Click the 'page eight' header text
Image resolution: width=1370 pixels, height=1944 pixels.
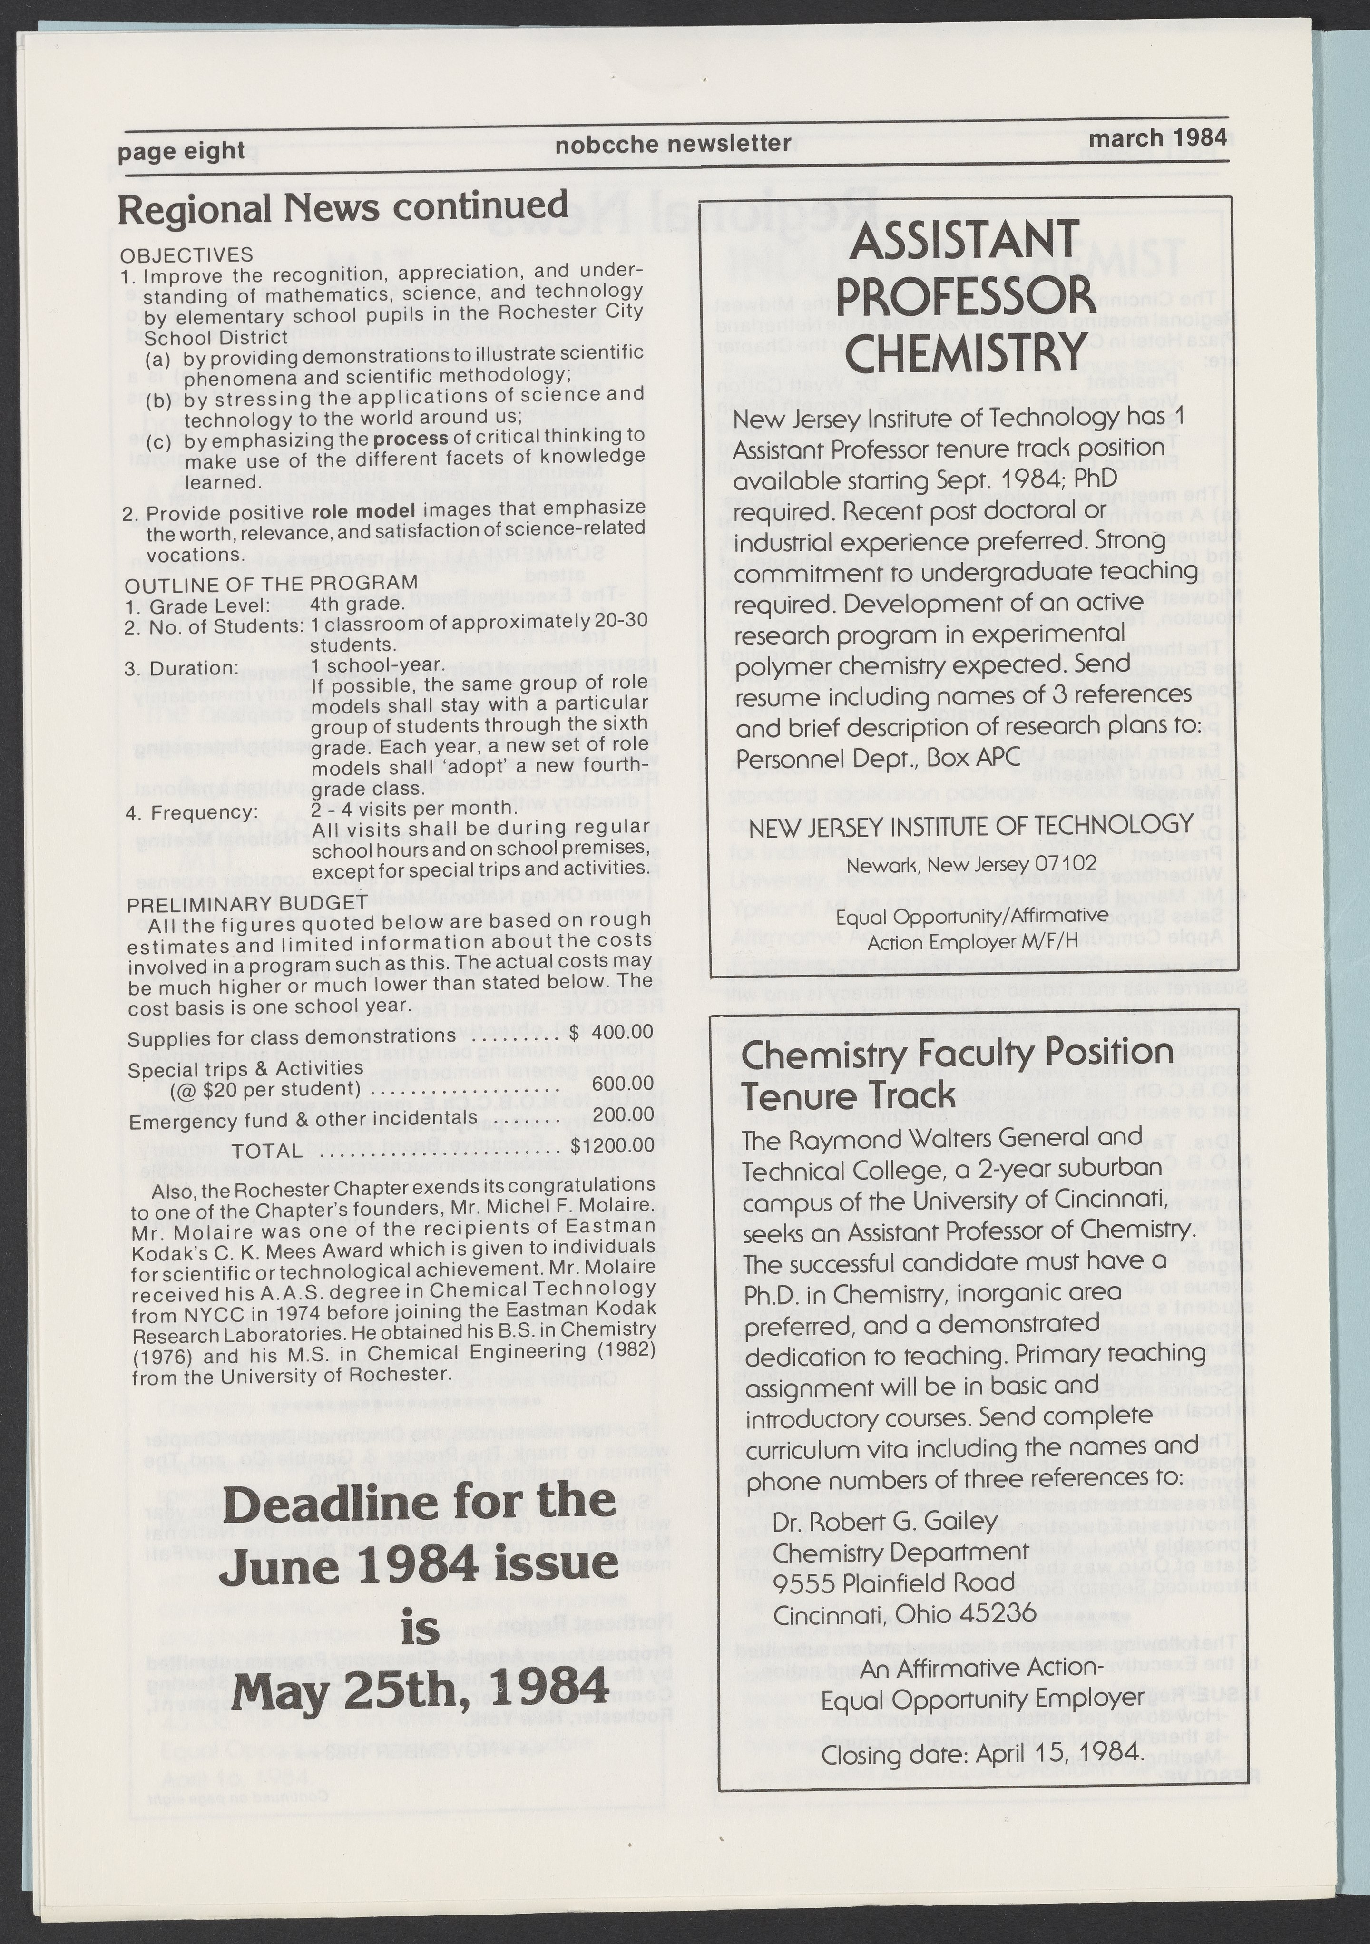click(x=181, y=151)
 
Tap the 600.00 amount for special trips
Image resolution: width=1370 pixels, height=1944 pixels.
click(x=622, y=1084)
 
